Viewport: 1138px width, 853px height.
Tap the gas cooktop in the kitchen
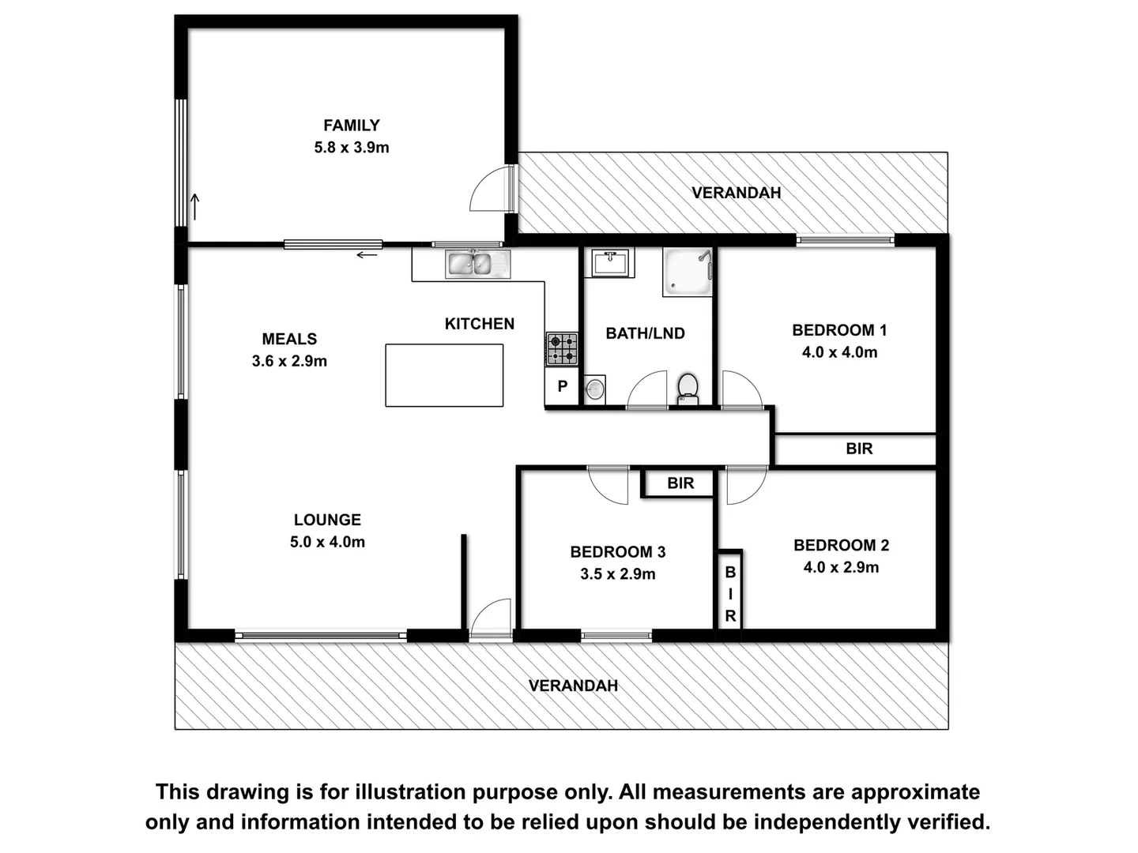(x=562, y=349)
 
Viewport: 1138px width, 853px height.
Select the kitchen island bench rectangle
(x=444, y=375)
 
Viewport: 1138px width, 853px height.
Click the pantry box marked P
(x=562, y=387)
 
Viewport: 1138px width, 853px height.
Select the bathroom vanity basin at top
(x=609, y=262)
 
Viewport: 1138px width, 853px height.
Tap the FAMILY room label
(x=351, y=126)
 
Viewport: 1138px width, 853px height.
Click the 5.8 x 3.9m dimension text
(x=351, y=148)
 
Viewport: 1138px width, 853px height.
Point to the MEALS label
(x=289, y=339)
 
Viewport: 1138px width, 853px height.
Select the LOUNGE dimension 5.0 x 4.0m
(x=327, y=543)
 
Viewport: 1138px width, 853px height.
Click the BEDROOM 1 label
(x=839, y=330)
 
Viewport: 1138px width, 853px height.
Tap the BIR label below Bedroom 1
(x=859, y=449)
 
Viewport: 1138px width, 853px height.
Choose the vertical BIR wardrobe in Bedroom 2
(x=730, y=593)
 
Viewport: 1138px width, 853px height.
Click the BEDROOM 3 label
(x=617, y=552)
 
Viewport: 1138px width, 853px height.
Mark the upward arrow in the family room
(x=194, y=207)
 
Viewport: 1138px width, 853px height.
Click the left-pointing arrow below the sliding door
(x=367, y=255)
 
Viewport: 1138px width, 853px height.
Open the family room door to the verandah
(x=492, y=190)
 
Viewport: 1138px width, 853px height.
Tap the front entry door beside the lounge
(x=492, y=618)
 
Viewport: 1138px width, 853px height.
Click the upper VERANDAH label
(x=736, y=193)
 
